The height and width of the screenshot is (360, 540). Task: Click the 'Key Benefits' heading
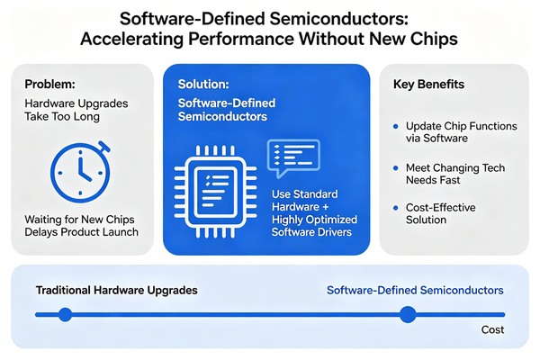428,84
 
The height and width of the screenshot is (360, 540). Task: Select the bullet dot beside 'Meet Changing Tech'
395,168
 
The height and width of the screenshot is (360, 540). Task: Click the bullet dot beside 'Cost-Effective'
395,208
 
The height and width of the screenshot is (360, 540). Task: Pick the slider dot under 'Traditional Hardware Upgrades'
64,314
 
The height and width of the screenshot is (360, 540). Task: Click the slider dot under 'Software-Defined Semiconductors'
408,314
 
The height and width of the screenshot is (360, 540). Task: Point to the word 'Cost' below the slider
492,330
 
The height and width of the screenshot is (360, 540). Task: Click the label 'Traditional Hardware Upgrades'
115,291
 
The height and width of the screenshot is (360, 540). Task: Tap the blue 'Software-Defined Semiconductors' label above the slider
415,291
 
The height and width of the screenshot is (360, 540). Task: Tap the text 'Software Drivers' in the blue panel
315,233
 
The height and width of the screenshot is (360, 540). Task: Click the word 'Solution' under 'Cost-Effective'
426,220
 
